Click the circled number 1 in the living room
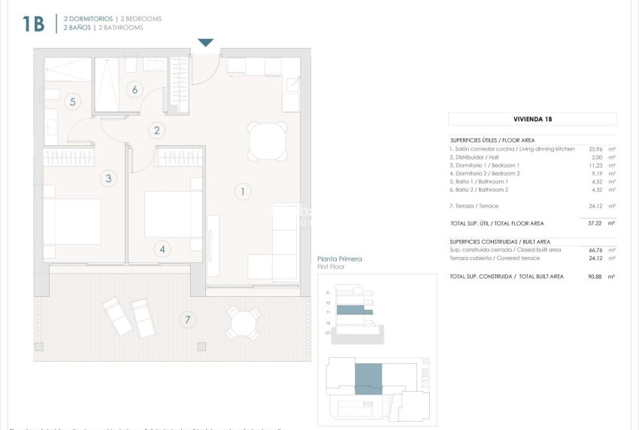click(242, 192)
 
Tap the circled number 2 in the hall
click(156, 130)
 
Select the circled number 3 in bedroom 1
click(109, 178)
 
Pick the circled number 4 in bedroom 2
click(163, 250)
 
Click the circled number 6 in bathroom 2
click(135, 89)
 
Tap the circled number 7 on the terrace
click(186, 319)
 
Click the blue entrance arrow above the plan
click(206, 43)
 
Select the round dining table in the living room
click(268, 141)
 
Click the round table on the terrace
click(244, 323)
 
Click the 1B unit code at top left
click(33, 23)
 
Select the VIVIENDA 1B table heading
click(532, 119)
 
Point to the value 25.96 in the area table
click(595, 149)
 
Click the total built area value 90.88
click(595, 277)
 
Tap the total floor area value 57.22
click(595, 223)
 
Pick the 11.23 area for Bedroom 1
click(595, 165)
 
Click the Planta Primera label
click(341, 259)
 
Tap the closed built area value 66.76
click(595, 250)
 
